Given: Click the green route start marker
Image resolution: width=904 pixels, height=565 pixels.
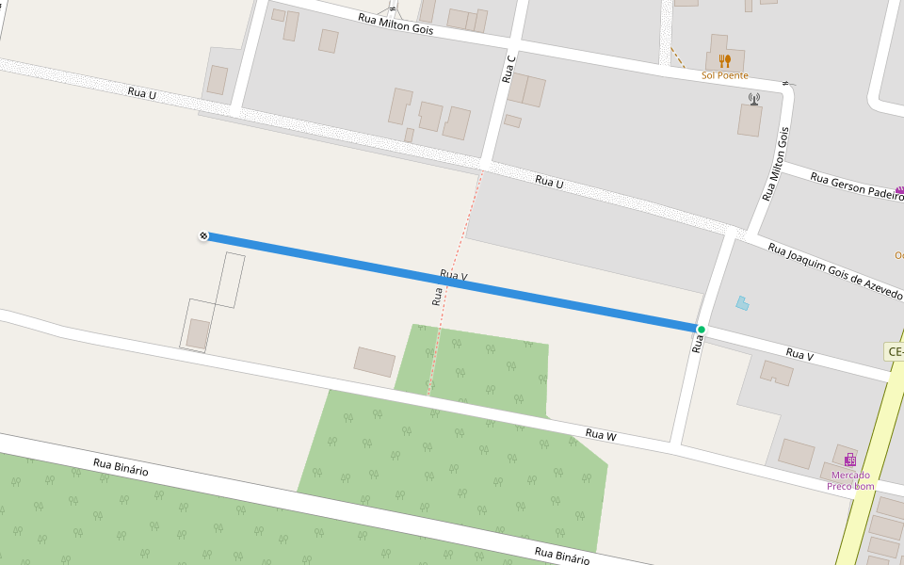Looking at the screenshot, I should coord(701,329).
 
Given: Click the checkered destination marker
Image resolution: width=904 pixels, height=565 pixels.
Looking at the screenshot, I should coord(203,235).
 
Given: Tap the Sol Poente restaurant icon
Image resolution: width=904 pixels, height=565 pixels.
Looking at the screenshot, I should coord(724,61).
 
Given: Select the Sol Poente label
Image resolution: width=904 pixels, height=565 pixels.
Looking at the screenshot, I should coord(724,75).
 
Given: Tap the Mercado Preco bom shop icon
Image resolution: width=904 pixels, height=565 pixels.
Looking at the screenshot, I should coord(850,460).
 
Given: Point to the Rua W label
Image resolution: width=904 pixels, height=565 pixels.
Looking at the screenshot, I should coord(600,434).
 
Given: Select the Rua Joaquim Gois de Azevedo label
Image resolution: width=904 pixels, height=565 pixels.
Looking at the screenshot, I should coord(834,271).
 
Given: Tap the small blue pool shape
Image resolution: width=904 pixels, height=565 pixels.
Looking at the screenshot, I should coord(743,303).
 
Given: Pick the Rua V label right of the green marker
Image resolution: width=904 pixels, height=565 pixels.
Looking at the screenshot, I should coord(799,354).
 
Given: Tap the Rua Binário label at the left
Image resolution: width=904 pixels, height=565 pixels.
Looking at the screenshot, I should coord(121,466).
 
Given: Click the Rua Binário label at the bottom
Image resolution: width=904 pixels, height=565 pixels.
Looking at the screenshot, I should coord(561,555).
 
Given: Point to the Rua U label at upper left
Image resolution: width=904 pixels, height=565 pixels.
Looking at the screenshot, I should coord(141,92).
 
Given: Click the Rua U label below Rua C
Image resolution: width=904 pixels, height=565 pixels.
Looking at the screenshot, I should coord(549,181).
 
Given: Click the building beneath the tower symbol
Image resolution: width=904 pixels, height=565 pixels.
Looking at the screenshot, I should coord(750,121).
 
